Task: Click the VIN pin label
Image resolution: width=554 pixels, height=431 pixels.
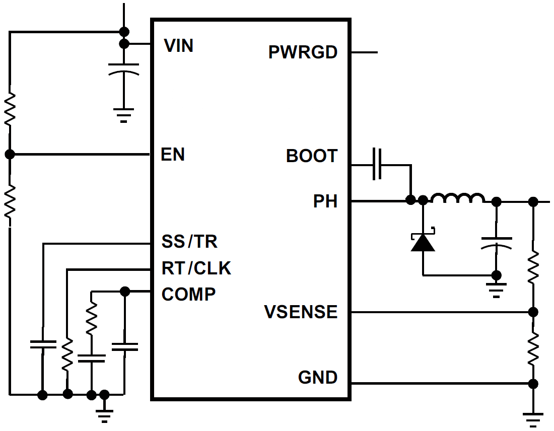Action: click(x=179, y=46)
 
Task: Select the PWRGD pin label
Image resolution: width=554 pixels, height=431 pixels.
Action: click(x=303, y=52)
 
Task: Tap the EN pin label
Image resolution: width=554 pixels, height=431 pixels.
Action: click(x=173, y=155)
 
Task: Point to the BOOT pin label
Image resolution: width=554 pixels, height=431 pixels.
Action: click(x=311, y=156)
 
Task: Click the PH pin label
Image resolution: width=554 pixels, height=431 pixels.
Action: click(x=325, y=201)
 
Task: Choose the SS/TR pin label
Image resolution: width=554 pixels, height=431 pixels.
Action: click(x=189, y=242)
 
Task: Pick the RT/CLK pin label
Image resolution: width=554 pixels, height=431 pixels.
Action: click(x=196, y=268)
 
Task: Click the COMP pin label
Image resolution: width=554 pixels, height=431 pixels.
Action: click(x=188, y=294)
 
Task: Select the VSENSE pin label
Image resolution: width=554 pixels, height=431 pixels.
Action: click(x=301, y=312)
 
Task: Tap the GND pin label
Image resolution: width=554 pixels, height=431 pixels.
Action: click(x=317, y=377)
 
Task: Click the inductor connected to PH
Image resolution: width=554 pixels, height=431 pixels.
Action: click(x=458, y=199)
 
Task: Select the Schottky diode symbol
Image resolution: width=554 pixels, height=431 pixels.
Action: click(x=423, y=241)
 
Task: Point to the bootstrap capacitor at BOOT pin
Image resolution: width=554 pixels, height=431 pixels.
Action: click(x=377, y=164)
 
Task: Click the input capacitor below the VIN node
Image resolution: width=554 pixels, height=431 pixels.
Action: click(x=123, y=69)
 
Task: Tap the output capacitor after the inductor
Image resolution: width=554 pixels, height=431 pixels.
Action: click(x=497, y=242)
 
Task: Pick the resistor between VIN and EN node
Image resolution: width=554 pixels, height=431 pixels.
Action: click(x=10, y=109)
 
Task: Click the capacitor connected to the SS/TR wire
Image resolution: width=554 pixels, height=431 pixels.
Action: click(x=43, y=344)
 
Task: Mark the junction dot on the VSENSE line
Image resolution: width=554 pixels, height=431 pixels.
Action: click(x=533, y=312)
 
